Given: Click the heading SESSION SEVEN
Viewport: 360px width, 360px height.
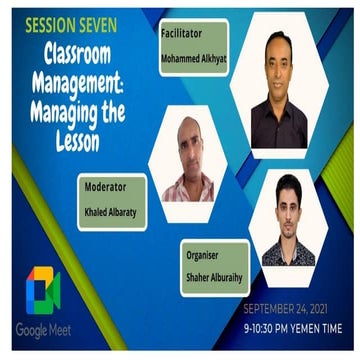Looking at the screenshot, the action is point(71,25).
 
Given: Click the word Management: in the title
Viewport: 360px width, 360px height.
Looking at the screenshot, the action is point(78,83).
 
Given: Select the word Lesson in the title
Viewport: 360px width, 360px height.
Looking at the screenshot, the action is point(78,142).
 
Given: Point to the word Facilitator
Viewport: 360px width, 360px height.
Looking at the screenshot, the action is point(182,33).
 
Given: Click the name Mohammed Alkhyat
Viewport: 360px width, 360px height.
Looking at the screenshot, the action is point(194,59).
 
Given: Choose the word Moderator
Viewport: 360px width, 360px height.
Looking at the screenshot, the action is point(105,187).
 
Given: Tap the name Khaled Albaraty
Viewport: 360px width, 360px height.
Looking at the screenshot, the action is point(110,212).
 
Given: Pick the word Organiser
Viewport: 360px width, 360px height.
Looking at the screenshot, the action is point(202,255).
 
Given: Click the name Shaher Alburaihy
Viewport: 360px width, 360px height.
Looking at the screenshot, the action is point(215,278).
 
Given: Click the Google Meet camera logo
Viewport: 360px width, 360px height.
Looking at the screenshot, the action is point(43,290).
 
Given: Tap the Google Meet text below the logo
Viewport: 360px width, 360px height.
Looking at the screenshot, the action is point(43,331).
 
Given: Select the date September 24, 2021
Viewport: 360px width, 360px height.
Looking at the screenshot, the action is point(285,309).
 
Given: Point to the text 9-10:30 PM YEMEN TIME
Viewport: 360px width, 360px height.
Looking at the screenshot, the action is point(293,329).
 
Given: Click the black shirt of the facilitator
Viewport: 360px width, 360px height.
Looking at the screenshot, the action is point(279,125).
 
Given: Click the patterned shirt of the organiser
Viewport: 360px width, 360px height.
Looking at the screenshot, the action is point(289,253).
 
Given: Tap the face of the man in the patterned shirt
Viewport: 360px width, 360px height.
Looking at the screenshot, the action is point(289,209).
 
